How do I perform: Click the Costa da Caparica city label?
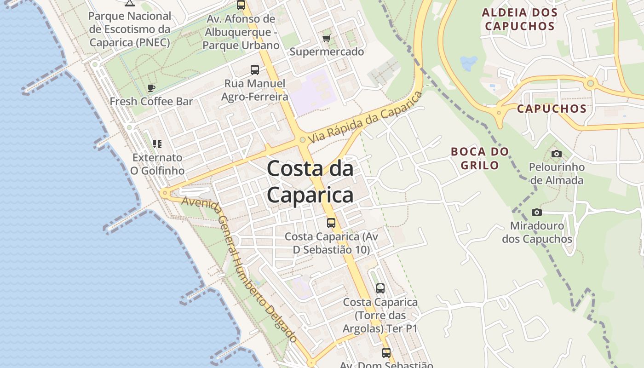310,182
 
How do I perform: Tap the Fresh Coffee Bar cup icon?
151,88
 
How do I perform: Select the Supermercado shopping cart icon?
327,38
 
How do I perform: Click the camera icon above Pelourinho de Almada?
557,154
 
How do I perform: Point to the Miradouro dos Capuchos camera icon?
536,212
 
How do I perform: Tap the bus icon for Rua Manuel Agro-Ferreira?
254,70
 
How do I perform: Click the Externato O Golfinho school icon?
157,144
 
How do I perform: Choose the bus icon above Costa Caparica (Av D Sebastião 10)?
331,223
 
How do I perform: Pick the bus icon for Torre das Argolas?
380,288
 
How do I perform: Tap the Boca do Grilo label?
480,158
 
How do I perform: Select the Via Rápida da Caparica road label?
365,117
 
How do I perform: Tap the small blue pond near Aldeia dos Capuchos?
468,63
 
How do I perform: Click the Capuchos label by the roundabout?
552,109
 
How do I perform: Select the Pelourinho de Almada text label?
557,173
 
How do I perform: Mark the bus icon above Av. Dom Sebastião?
386,353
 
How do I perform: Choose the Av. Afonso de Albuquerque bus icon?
241,5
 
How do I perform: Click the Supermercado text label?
327,52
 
